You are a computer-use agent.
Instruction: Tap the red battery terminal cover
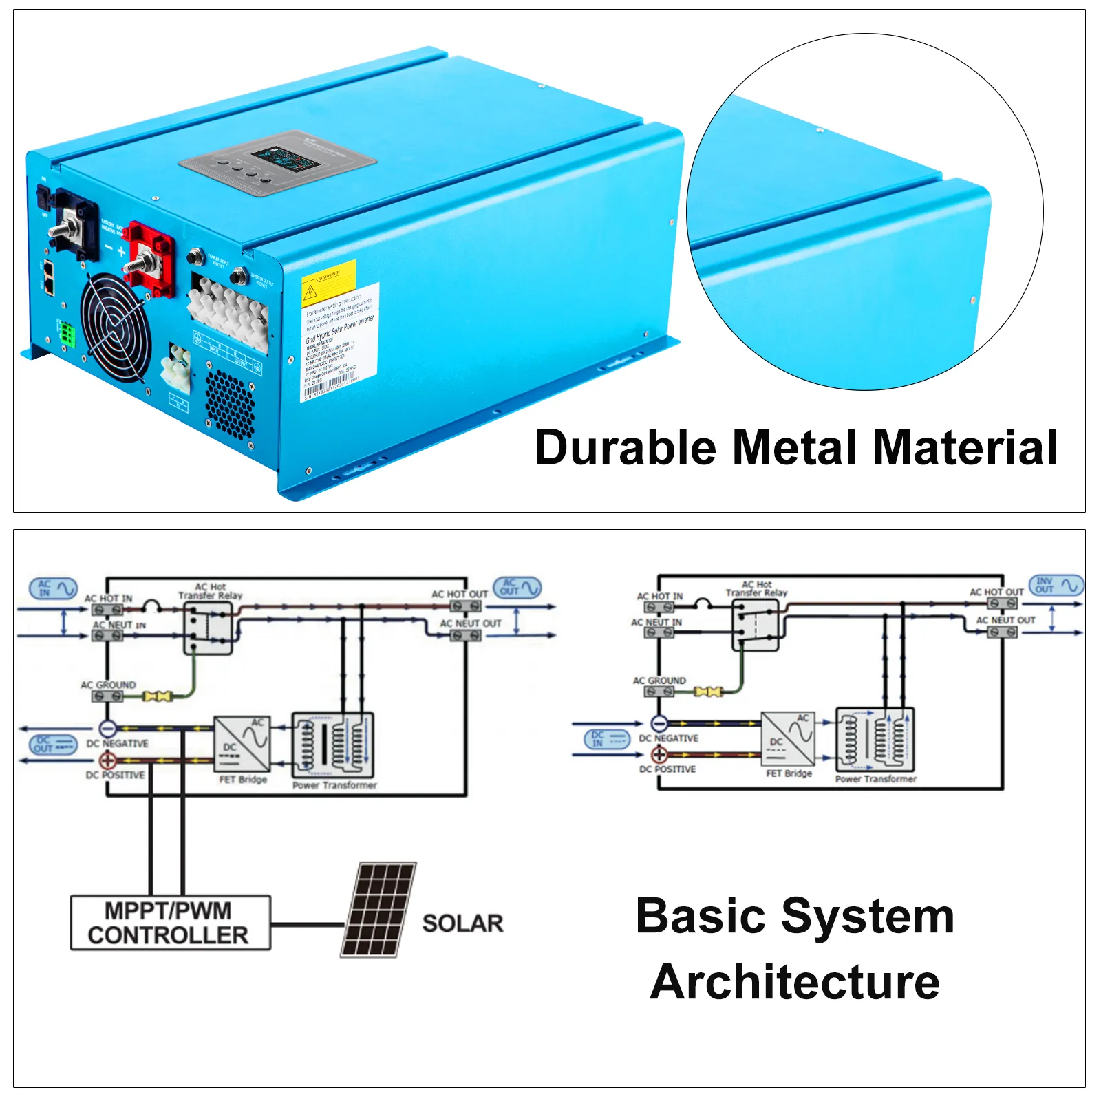[149, 258]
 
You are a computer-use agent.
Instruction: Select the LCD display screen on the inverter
[284, 159]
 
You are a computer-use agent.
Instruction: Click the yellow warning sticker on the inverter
[329, 281]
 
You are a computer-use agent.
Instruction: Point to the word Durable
[625, 448]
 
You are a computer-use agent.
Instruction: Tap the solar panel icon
[378, 909]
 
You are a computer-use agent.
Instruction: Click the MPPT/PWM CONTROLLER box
[170, 923]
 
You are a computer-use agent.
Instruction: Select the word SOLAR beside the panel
[462, 923]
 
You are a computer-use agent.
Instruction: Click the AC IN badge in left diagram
[53, 588]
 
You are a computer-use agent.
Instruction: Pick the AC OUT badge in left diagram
[517, 587]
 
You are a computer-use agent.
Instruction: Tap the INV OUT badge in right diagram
[1056, 585]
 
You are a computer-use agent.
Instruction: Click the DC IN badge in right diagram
[606, 739]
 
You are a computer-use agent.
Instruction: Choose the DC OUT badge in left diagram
[53, 745]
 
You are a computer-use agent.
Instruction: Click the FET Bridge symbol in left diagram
[242, 744]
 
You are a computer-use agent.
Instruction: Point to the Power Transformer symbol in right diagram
[875, 740]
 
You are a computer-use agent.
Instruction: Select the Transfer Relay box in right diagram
[756, 625]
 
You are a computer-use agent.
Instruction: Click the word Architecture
[795, 982]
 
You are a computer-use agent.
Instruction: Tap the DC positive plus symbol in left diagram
[108, 760]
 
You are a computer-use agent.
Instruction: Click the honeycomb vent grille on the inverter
[230, 405]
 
